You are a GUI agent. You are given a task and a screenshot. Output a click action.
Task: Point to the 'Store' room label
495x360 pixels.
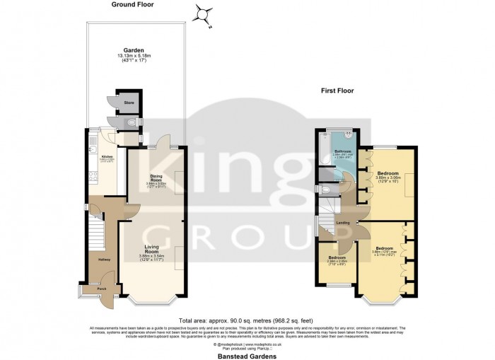129,103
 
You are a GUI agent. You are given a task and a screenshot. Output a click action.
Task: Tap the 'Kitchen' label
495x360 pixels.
107,156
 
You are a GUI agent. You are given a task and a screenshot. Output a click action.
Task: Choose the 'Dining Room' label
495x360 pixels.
157,178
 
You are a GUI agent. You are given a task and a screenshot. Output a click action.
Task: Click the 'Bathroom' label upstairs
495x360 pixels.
344,151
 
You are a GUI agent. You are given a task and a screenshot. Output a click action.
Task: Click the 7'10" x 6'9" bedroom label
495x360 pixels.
336,257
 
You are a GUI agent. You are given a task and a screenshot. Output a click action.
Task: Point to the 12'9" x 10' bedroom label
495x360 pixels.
388,173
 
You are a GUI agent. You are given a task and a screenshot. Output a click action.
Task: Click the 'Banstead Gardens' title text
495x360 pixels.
247,353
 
